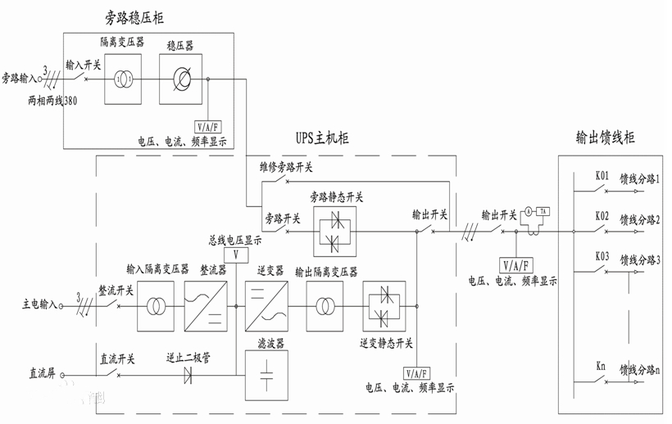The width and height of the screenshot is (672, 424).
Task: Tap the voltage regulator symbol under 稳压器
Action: (x=181, y=79)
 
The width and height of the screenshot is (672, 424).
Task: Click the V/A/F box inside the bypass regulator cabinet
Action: (x=207, y=126)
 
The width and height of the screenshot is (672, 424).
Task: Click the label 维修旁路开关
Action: (x=286, y=168)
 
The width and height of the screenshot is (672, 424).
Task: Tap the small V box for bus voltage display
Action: (x=236, y=255)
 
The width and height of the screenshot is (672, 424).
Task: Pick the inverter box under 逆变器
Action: (x=264, y=305)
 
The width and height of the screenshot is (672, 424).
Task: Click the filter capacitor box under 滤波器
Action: (x=264, y=376)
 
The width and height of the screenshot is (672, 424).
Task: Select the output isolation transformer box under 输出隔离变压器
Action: (x=325, y=305)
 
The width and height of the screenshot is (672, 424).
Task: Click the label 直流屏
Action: (x=40, y=377)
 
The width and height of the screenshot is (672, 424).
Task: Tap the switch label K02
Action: (x=602, y=215)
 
